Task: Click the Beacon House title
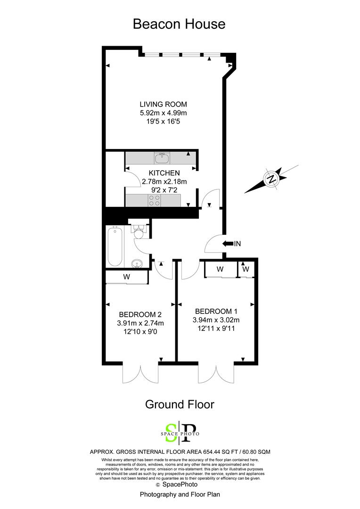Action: tap(179, 24)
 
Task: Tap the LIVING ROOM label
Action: tap(164, 104)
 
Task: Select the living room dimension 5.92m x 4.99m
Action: tap(164, 113)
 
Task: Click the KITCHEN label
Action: tap(164, 173)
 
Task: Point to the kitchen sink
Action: tap(162, 158)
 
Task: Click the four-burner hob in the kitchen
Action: tap(154, 200)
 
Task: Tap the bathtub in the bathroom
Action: tap(115, 246)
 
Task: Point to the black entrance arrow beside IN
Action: tap(228, 244)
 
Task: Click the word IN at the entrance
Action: tap(237, 244)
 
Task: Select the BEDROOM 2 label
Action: tap(140, 314)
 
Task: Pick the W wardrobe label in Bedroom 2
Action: tap(127, 277)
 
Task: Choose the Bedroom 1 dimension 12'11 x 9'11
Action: tap(216, 328)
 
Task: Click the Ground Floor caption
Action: tap(180, 404)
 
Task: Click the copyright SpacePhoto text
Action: tap(177, 484)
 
